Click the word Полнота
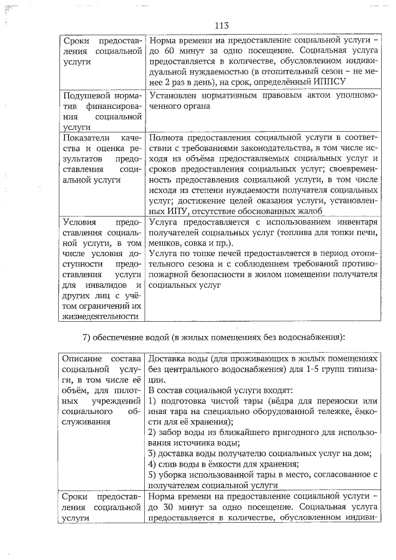[167, 137]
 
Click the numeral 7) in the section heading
[88, 337]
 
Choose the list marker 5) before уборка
[153, 475]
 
